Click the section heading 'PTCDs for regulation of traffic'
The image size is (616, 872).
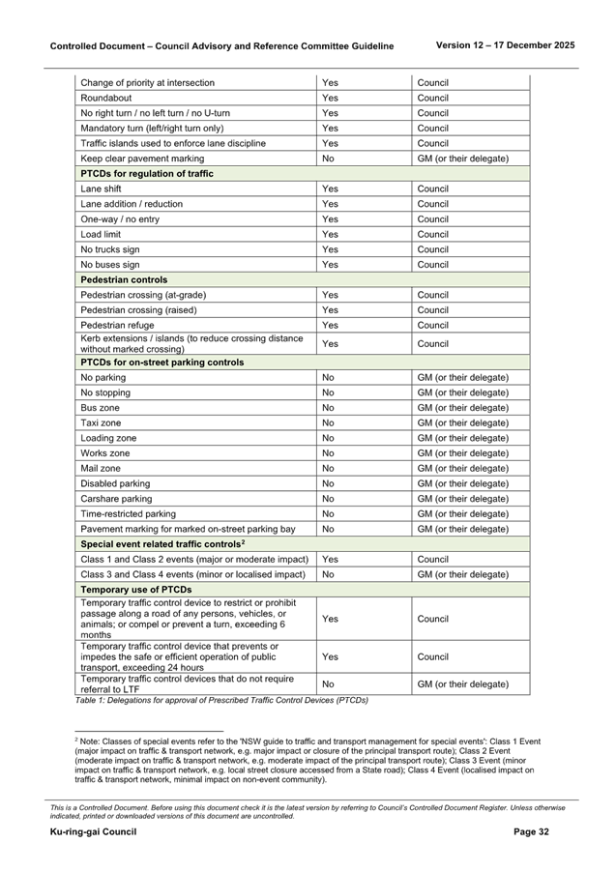[x=147, y=174]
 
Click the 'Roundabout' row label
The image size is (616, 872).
[x=106, y=99]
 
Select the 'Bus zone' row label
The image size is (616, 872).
[x=101, y=408]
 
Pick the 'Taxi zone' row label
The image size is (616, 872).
[x=101, y=423]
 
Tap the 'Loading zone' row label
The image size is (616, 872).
[x=106, y=438]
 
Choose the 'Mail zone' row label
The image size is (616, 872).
[x=102, y=468]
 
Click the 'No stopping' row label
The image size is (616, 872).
[x=105, y=393]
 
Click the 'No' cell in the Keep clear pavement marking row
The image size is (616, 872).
[x=329, y=159]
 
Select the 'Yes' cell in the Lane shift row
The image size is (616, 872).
[x=330, y=189]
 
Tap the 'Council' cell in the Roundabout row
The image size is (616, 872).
[x=433, y=99]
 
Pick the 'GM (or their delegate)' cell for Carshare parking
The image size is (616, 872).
[x=463, y=499]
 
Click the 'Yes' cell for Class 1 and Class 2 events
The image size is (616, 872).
[x=330, y=560]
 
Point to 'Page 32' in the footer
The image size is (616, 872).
[x=531, y=832]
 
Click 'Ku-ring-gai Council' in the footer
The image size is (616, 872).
[x=93, y=832]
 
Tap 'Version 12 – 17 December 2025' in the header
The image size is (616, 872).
[x=505, y=45]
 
